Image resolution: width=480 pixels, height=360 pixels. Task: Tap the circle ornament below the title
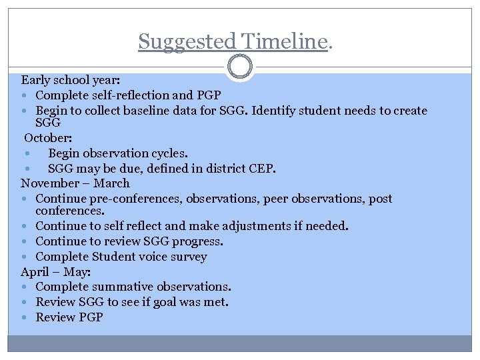[x=240, y=67]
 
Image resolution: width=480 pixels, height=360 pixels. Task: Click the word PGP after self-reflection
[x=207, y=95]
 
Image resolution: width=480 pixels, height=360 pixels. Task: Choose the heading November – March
[x=75, y=183]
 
